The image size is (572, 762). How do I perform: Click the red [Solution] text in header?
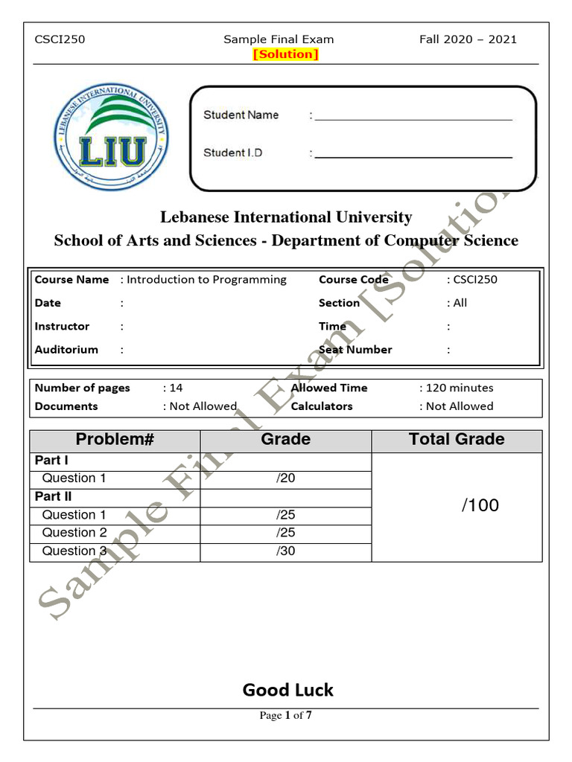286,54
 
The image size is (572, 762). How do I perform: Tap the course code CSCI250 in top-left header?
60,39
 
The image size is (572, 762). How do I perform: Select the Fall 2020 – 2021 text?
468,39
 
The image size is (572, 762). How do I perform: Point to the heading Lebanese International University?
286,217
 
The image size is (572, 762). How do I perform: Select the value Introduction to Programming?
206,280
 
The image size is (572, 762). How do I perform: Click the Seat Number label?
355,350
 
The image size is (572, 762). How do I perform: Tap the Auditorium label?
66,350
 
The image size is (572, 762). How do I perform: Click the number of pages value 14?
176,388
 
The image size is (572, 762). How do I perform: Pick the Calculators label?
322,406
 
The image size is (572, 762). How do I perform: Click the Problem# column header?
115,440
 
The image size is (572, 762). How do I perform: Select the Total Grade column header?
457,440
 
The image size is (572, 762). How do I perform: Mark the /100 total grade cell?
480,506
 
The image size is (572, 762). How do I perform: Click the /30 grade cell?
286,551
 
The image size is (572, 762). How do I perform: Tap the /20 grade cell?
286,478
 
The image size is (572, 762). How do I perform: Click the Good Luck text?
287,691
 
